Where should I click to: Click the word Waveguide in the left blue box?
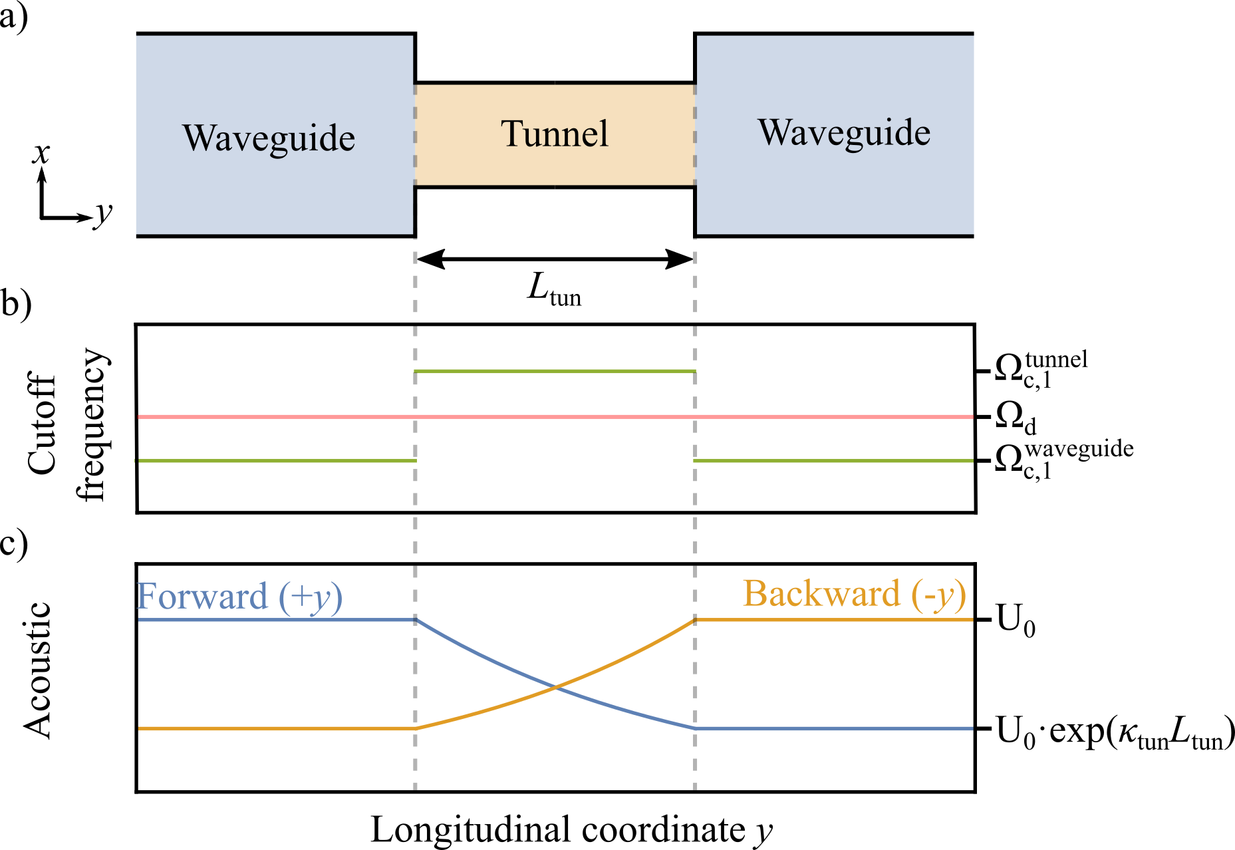269,138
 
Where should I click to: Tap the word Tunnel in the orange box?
554,134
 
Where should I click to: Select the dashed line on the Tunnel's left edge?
415,135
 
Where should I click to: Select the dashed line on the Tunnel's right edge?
695,135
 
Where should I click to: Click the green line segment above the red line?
555,371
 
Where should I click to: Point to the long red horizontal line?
555,416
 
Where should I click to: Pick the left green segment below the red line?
277,460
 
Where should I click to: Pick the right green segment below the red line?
833,460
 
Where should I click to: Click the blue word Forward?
202,596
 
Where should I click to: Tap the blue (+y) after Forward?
310,597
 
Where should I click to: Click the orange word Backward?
821,593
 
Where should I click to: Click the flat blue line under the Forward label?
277,620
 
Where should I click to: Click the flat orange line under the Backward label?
834,620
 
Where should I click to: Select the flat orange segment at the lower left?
277,729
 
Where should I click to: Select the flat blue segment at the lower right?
834,729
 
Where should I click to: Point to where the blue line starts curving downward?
417,620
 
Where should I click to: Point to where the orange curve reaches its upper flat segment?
695,620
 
